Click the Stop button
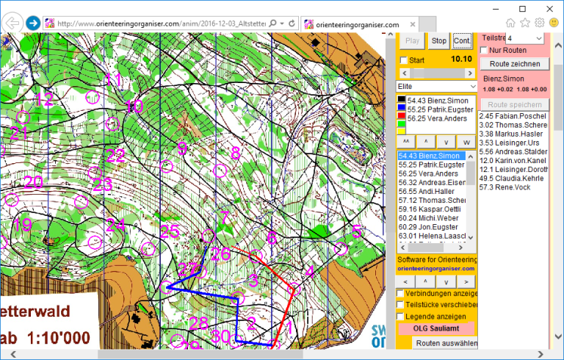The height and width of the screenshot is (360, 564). (438, 41)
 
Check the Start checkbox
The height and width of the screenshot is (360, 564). (402, 60)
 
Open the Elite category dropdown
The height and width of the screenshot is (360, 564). (436, 87)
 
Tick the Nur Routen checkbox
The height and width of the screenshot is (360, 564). (484, 50)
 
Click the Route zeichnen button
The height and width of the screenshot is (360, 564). (513, 64)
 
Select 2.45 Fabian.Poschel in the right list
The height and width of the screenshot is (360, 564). (511, 115)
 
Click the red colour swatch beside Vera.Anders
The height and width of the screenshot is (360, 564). (402, 118)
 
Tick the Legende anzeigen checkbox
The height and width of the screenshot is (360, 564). (401, 316)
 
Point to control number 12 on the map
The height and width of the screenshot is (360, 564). (44, 100)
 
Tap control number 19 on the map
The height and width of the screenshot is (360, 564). (23, 225)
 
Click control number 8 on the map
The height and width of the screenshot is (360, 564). (236, 154)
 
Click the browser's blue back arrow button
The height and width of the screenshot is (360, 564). (33, 23)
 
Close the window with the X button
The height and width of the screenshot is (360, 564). (544, 8)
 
